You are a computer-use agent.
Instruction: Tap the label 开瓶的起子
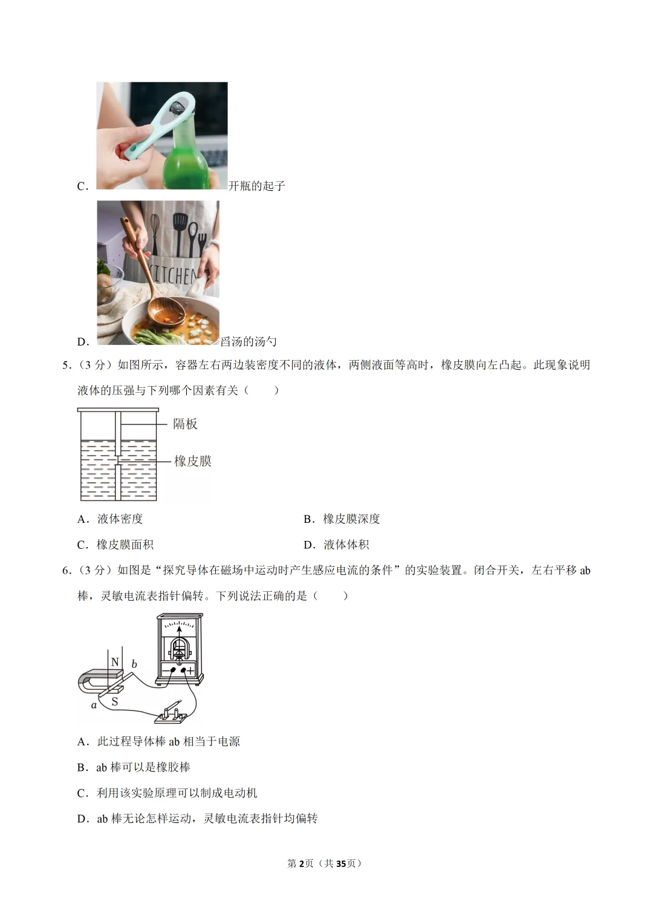tap(256, 186)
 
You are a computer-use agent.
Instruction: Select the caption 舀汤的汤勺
tap(249, 342)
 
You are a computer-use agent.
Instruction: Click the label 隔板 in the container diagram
tap(185, 424)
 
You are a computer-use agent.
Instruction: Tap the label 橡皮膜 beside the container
tap(193, 461)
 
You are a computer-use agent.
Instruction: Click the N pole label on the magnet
tap(115, 662)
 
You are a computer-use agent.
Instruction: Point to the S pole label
tap(114, 702)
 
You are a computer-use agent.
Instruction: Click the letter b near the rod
tap(134, 664)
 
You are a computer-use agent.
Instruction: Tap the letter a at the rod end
tap(94, 705)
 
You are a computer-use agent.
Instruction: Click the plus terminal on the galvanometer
tap(190, 670)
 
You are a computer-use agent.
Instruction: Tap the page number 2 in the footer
tap(301, 863)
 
